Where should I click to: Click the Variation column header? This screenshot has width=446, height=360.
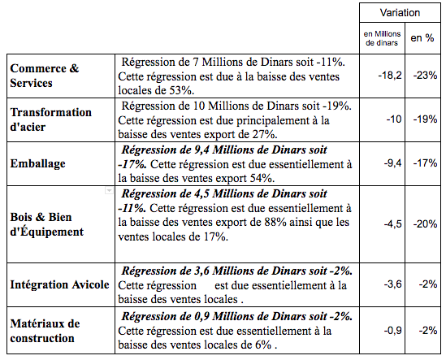[x=400, y=13]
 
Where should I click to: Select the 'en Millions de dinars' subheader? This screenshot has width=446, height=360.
[x=382, y=38]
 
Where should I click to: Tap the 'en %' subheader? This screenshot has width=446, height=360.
[x=422, y=38]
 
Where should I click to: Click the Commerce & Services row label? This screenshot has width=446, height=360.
[x=45, y=76]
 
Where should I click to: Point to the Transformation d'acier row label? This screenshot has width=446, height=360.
[x=51, y=119]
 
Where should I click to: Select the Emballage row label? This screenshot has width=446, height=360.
[x=38, y=163]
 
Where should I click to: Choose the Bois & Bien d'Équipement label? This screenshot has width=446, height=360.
[x=47, y=224]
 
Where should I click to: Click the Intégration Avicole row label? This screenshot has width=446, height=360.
[x=60, y=284]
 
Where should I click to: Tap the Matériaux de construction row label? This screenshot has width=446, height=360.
[x=45, y=331]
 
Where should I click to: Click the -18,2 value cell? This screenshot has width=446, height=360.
[x=390, y=76]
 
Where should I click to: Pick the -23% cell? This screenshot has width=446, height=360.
[x=425, y=76]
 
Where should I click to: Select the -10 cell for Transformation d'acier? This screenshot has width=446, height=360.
[x=394, y=119]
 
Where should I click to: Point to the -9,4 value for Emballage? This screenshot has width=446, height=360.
[x=392, y=163]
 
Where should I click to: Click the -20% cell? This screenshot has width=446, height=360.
[x=425, y=224]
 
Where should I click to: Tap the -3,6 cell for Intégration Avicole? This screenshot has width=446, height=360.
[x=392, y=284]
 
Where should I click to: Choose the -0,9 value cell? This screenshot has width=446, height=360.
[x=392, y=331]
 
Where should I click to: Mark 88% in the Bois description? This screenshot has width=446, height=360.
[x=275, y=223]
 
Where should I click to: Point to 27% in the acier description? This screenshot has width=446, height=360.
[x=265, y=134]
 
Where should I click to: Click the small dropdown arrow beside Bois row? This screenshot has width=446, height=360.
[x=109, y=190]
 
